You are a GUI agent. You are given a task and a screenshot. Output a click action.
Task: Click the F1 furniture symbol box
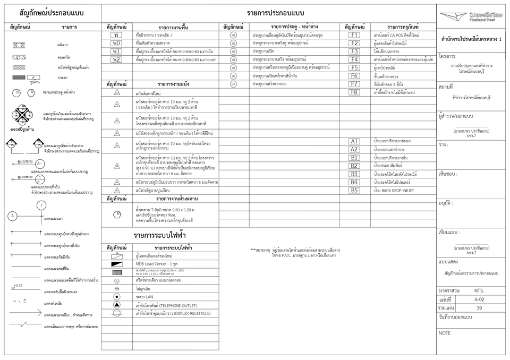tap(354, 35)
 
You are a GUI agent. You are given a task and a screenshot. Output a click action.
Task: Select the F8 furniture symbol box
tap(354, 92)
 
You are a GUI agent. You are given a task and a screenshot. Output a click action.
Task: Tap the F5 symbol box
tap(354, 68)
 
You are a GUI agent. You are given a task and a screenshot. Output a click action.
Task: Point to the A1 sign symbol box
tap(354, 141)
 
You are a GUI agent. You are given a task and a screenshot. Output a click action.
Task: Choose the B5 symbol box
tap(354, 191)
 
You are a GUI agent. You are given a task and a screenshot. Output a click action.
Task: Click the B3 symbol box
tap(354, 174)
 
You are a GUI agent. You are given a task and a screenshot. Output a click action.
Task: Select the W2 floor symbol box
tap(116, 59)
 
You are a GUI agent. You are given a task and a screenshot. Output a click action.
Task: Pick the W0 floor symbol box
tap(116, 43)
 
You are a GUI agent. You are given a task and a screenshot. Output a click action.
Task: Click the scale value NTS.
tap(479, 291)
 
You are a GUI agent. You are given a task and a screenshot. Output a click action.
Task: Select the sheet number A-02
tap(479, 299)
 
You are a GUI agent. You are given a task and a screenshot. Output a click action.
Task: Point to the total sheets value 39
tap(479, 308)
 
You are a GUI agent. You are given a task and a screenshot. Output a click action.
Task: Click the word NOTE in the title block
tap(445, 333)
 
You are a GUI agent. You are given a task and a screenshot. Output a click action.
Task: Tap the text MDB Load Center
tap(150, 264)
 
